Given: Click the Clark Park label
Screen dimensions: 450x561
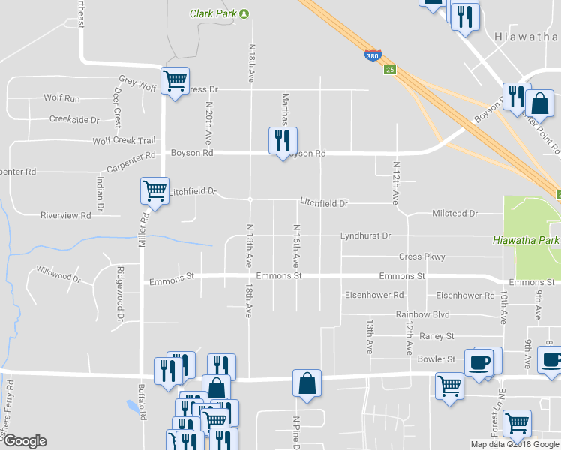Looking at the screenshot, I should [x=214, y=13].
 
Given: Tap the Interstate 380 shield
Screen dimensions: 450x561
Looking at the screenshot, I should [x=372, y=55].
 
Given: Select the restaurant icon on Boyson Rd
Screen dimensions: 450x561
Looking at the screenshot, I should [x=283, y=140].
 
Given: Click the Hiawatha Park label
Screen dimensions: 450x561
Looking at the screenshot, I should [x=526, y=241].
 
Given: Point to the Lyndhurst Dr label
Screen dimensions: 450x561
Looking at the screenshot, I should [x=365, y=235].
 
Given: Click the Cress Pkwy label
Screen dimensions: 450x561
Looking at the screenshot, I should [x=421, y=256].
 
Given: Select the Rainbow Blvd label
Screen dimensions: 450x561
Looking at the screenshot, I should [x=422, y=314].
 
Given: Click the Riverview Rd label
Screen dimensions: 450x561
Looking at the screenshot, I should [x=65, y=215].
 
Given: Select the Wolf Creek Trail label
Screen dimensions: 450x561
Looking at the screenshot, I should [x=124, y=140].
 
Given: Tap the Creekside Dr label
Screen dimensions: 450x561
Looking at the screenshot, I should [x=74, y=119].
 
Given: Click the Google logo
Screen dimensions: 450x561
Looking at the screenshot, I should [x=25, y=441].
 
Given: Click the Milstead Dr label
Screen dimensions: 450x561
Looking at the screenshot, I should [x=454, y=214].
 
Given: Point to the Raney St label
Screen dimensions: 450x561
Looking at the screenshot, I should [x=437, y=336].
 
